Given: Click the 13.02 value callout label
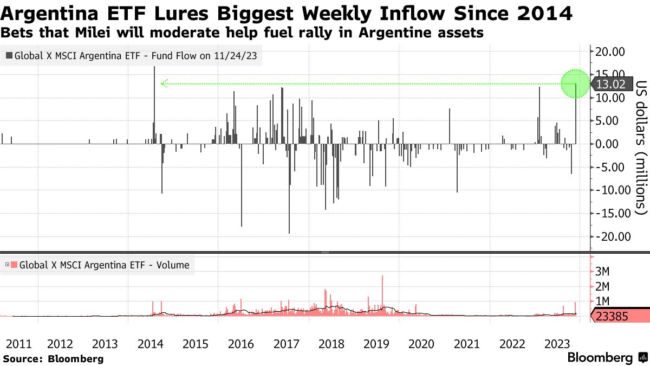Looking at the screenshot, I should [x=613, y=84].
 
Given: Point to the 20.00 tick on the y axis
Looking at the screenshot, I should [x=610, y=52].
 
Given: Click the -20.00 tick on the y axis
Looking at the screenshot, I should [x=608, y=236].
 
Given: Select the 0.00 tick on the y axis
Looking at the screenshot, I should [x=610, y=144].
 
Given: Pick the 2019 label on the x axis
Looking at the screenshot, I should [x=376, y=344].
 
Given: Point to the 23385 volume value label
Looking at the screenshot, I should [x=612, y=316].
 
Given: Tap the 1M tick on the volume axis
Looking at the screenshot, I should [x=603, y=301].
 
